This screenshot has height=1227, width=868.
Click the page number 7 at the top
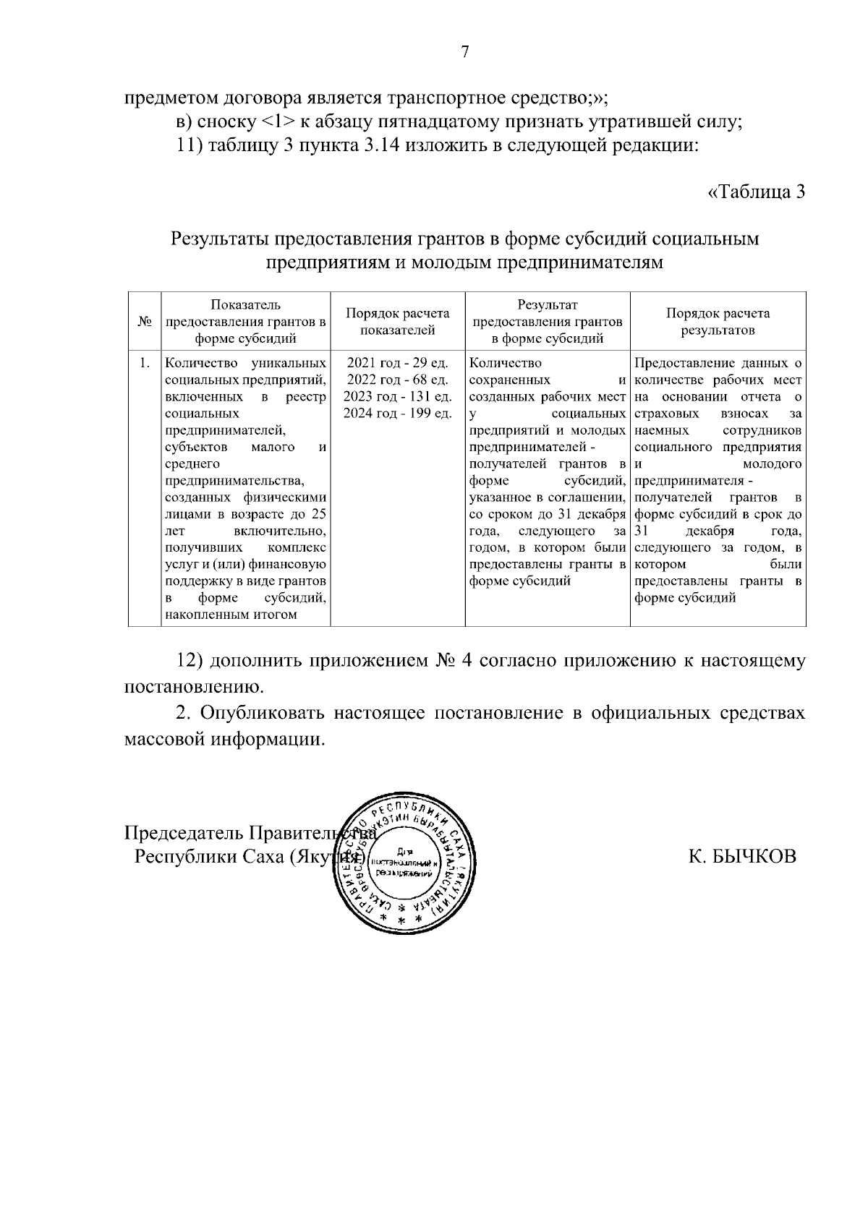(x=465, y=52)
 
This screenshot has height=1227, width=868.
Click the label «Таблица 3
(x=756, y=192)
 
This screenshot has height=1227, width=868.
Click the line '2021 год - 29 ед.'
(x=397, y=363)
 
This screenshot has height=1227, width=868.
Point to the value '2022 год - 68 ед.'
(x=397, y=380)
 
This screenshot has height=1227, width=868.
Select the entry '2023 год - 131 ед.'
(x=397, y=396)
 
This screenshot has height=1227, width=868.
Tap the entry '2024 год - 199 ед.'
(x=397, y=413)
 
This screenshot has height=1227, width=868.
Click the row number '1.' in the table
(x=145, y=363)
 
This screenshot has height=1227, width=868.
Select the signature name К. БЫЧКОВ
(x=742, y=857)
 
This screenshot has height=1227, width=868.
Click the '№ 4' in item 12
(x=455, y=661)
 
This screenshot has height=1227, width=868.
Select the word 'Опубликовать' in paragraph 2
(x=265, y=714)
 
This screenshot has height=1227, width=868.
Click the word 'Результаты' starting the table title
(x=218, y=239)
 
